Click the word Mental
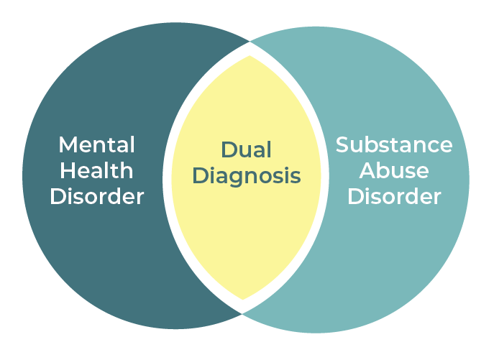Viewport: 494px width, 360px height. [x=96, y=144]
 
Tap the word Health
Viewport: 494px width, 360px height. [x=96, y=170]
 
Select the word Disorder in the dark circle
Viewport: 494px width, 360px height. [x=96, y=196]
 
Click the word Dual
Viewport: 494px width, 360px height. [x=246, y=150]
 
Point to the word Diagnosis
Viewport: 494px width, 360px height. [x=246, y=176]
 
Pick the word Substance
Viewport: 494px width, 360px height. [x=394, y=144]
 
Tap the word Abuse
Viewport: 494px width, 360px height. [x=394, y=170]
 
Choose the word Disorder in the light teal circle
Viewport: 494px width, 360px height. [x=394, y=196]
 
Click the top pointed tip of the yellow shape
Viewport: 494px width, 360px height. [x=247, y=55]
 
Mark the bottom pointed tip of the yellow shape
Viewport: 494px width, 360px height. [x=244, y=300]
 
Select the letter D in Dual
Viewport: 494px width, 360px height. [x=227, y=150]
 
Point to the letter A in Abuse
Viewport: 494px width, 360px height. [x=367, y=170]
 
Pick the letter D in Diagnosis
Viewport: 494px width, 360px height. [x=201, y=175]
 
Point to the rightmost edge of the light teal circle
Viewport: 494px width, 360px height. [x=469, y=180]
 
